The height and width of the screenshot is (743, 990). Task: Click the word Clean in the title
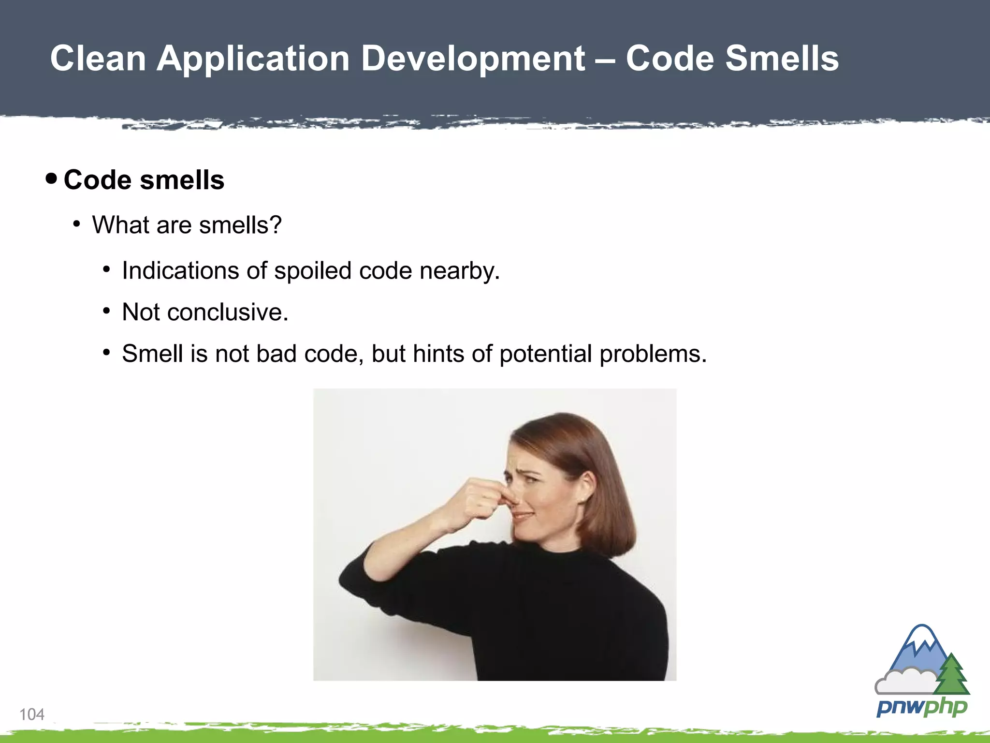click(98, 59)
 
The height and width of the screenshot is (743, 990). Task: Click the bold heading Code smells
click(144, 180)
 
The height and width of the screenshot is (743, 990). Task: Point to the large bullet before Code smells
click(51, 179)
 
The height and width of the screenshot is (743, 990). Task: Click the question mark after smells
click(276, 225)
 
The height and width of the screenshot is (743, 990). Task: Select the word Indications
click(180, 270)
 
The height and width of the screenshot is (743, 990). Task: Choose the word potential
click(546, 354)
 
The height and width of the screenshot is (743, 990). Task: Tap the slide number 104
click(32, 714)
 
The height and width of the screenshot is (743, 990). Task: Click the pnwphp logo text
click(922, 707)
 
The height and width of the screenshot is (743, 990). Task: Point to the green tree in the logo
click(952, 675)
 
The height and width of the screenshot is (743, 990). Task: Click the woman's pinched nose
click(509, 498)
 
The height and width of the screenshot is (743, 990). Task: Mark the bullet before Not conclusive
click(106, 312)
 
